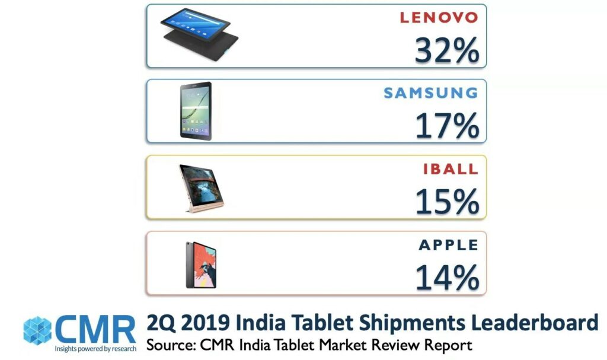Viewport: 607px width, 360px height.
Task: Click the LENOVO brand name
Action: pyautogui.click(x=439, y=17)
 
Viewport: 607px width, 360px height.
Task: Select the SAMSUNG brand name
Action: pyautogui.click(x=430, y=93)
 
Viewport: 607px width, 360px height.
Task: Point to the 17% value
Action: pyautogui.click(x=446, y=126)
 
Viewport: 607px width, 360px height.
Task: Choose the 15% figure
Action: pyautogui.click(x=446, y=202)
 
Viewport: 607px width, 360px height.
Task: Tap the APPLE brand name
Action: pyautogui.click(x=448, y=245)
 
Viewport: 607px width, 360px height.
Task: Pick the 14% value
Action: pyautogui.click(x=446, y=278)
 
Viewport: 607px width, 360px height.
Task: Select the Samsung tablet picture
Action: pyautogui.click(x=196, y=111)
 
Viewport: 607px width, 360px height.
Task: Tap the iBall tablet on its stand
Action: pyautogui.click(x=200, y=187)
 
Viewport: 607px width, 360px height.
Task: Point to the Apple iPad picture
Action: pyautogui.click(x=201, y=265)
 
